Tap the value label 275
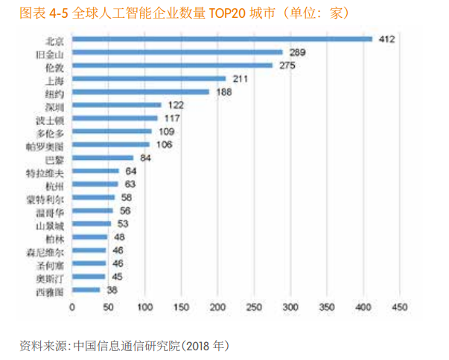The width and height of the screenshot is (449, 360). point(286,65)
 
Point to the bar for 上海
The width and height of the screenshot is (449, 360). point(149,78)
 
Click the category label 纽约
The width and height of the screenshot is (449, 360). point(55,92)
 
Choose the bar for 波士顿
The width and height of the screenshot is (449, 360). point(115,118)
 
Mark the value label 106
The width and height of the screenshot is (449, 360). point(163,144)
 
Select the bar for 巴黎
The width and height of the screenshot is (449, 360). point(103,158)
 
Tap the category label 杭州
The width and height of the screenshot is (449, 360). point(55,184)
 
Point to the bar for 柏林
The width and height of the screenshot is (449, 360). point(89,237)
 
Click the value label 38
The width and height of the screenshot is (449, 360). point(112,290)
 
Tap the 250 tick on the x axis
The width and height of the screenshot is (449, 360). point(254,306)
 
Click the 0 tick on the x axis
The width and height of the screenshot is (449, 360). point(72,306)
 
